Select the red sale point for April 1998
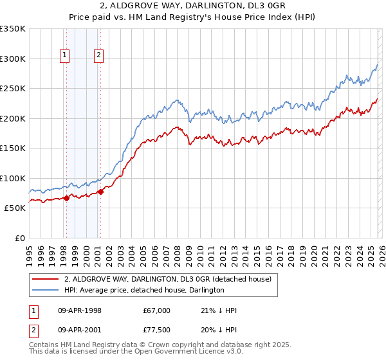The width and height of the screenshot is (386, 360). point(66,198)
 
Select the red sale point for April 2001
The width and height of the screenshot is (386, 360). point(100,192)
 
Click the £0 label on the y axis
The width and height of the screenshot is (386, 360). point(19,238)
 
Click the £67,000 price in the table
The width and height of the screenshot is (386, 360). point(157,310)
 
